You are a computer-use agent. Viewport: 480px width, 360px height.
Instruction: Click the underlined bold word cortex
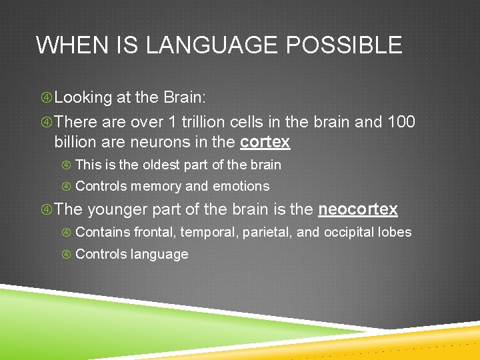pos(265,142)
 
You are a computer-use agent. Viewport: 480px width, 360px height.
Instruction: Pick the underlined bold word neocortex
pos(358,209)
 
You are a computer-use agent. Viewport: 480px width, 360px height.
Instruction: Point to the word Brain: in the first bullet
pos(185,97)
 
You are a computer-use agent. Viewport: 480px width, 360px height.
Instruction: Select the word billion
pos(77,142)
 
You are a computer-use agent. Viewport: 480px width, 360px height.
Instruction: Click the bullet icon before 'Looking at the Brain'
pos(46,98)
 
